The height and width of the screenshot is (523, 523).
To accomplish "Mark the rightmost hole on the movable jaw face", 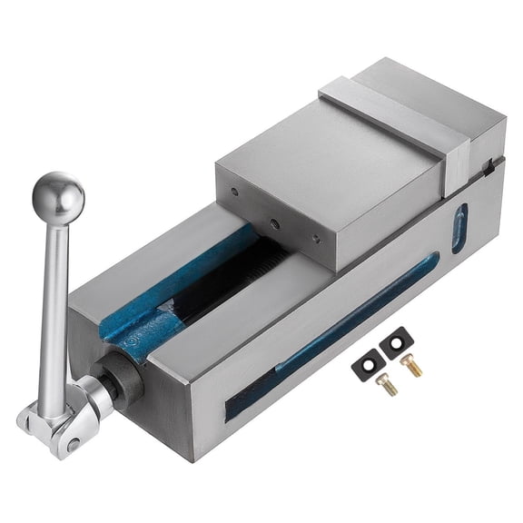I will pos(315,240).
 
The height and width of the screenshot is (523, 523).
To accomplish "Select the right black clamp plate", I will pos(397,343).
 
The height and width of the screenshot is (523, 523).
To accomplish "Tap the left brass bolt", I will pos(387,385).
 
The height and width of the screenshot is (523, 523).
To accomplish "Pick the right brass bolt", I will pos(412,365).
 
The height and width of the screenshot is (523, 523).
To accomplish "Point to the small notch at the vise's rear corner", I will pos(491,164).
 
